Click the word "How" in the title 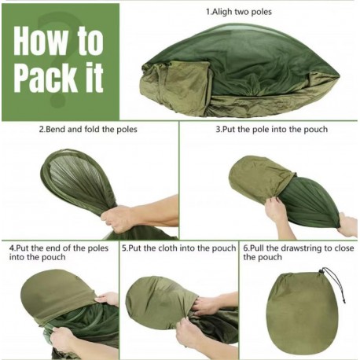[40, 40]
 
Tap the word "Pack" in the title [46, 78]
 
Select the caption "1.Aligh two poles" [239, 12]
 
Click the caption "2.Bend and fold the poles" [88, 129]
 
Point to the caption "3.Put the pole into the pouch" [272, 129]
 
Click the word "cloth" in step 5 [167, 248]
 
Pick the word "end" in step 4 [52, 248]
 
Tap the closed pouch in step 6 [302, 314]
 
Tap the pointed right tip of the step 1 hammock [340, 75]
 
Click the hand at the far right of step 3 [347, 226]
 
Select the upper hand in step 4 [108, 299]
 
